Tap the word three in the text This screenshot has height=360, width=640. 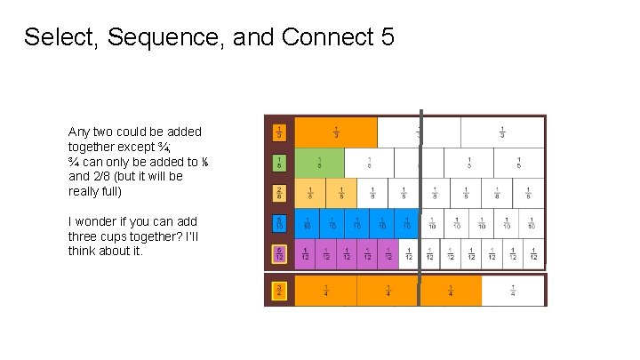pos(84,236)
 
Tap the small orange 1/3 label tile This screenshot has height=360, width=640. pos(279,133)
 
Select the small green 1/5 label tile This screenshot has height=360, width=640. pos(279,163)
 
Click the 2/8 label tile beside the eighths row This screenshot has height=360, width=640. pos(279,193)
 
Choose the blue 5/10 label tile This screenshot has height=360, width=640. pos(279,223)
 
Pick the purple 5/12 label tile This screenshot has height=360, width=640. pos(279,254)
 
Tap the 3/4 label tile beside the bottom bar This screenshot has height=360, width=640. pos(279,290)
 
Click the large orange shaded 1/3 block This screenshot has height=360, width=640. pos(336,132)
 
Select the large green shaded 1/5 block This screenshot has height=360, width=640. pos(319,163)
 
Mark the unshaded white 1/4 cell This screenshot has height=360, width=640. pos(513,291)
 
